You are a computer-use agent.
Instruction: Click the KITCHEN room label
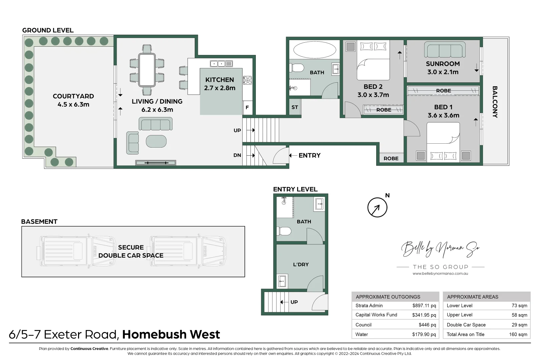219,80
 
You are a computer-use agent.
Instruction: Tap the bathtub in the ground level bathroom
314,50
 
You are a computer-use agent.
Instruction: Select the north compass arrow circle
377,207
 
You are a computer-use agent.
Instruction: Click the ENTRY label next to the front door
309,156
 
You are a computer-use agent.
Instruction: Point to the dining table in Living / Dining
147,70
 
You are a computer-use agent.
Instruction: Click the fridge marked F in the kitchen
247,108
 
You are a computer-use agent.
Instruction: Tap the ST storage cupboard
295,107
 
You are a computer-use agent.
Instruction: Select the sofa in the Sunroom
445,50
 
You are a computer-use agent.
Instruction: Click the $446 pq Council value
427,325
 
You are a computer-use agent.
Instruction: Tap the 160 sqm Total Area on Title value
518,334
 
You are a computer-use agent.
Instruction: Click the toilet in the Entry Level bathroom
284,231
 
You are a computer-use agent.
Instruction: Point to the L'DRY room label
301,265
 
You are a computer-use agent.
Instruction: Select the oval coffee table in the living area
156,141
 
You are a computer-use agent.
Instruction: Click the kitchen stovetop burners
247,80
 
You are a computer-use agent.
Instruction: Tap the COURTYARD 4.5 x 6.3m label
73,100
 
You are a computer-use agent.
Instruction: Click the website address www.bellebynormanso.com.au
440,274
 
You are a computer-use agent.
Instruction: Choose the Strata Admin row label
369,306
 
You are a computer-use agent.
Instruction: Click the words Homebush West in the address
171,334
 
